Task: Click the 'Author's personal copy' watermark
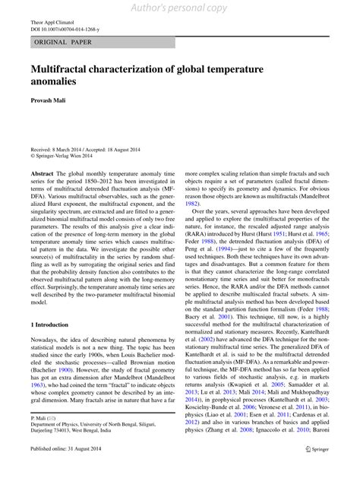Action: pos(179,8)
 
